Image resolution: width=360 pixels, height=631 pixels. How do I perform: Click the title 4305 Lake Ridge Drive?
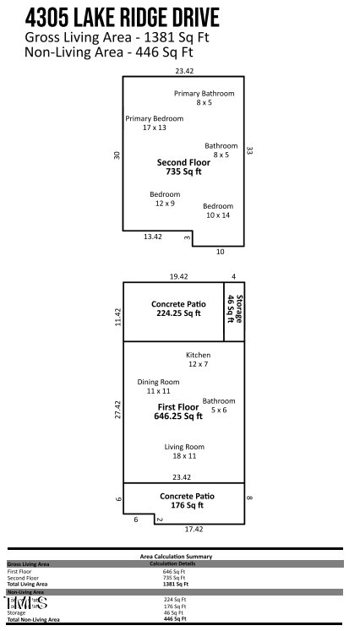[123, 18]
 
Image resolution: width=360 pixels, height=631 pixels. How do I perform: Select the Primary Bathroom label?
[204, 97]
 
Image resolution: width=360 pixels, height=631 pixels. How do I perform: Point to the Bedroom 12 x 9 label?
[165, 199]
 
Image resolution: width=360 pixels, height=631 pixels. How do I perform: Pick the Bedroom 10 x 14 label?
[217, 210]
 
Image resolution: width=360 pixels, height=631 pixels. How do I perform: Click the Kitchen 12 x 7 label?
[198, 359]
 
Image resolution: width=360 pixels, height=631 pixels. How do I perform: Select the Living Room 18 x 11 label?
[184, 451]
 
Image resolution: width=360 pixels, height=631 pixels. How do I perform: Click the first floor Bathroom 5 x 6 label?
[219, 405]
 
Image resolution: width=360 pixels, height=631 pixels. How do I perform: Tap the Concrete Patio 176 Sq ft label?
[187, 500]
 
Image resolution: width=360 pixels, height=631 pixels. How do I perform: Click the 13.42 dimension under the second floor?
[152, 237]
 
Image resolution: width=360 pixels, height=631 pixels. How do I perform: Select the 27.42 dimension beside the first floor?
[117, 410]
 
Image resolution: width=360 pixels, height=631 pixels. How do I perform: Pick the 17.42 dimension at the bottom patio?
[194, 529]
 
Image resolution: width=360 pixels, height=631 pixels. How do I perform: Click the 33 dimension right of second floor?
[249, 150]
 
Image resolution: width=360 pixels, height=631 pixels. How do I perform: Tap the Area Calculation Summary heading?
[176, 557]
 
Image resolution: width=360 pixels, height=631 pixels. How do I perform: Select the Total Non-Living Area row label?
[33, 619]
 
